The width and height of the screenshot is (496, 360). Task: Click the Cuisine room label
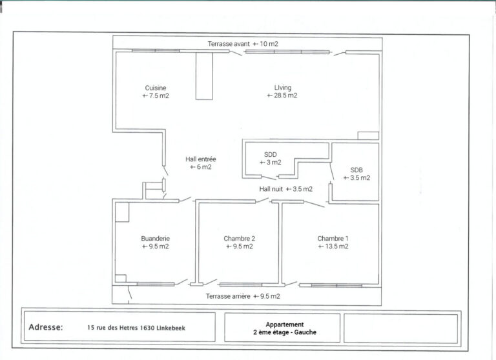(x=155, y=88)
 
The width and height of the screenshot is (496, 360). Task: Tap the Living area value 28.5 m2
(x=282, y=95)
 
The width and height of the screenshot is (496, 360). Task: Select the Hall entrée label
(x=201, y=159)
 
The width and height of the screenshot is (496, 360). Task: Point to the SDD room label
(x=270, y=155)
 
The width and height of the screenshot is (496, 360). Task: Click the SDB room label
(x=356, y=170)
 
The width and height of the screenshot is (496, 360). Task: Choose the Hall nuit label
(x=271, y=189)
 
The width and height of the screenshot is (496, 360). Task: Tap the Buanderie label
(x=155, y=239)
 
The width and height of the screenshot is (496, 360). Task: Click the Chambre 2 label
(x=239, y=239)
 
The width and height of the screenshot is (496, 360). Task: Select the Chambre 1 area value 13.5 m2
(x=333, y=246)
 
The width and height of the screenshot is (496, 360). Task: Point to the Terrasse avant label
(x=229, y=44)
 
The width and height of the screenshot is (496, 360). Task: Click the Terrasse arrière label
(x=228, y=296)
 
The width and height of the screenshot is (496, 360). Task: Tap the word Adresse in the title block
(x=46, y=327)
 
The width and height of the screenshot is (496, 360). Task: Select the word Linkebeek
(x=170, y=328)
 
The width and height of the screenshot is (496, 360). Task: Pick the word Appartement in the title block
(x=285, y=325)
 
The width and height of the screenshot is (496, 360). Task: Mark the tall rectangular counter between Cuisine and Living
(x=204, y=76)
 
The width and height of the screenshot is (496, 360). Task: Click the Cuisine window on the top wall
(x=156, y=50)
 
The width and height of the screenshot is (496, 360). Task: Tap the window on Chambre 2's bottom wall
(x=241, y=285)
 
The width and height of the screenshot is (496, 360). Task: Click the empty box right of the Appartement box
(x=401, y=328)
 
